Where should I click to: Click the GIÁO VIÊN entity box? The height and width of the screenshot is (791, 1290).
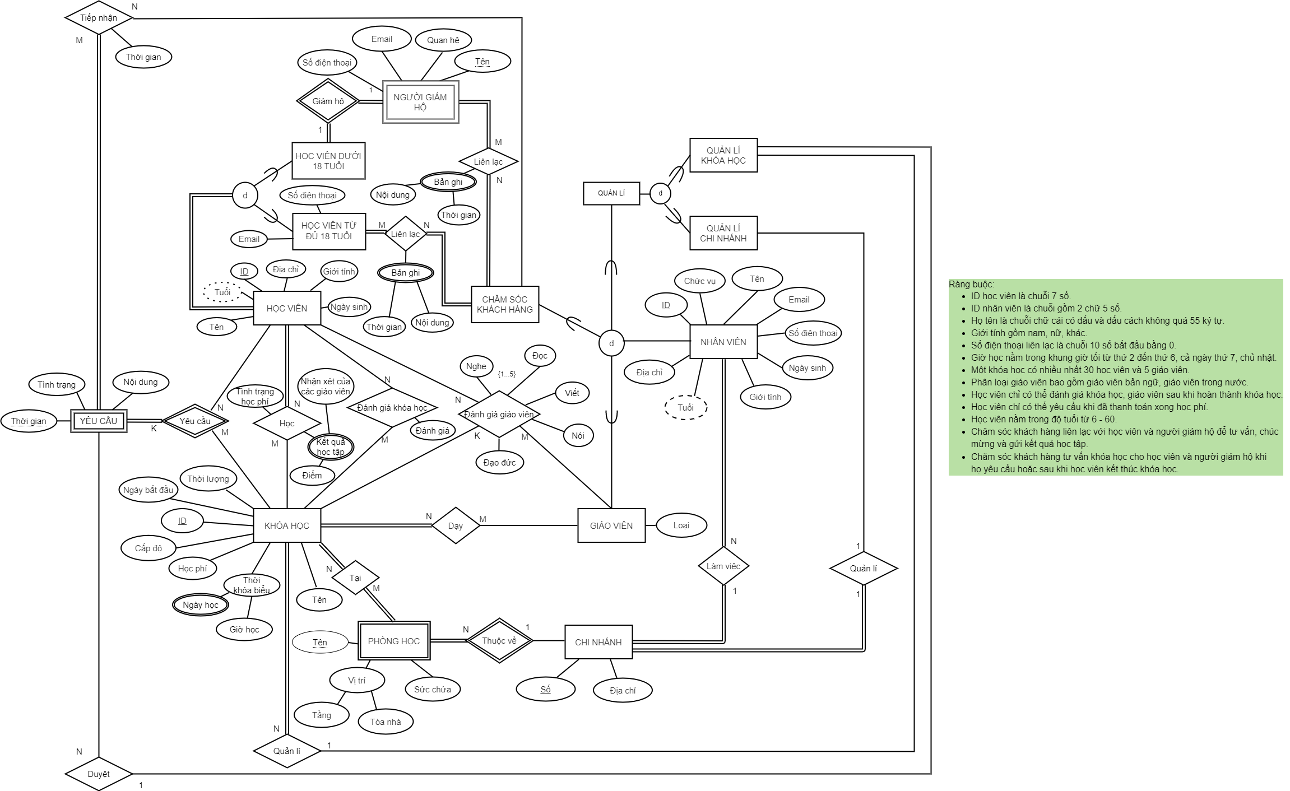[611, 525]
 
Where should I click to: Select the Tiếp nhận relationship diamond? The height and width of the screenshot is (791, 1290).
[99, 18]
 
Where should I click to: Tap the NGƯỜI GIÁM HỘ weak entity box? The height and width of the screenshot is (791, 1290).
[420, 102]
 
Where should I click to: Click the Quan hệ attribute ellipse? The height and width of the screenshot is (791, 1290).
[443, 40]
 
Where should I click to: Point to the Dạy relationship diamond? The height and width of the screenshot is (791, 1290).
[456, 525]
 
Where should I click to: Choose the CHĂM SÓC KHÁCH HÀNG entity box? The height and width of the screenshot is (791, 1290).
[504, 304]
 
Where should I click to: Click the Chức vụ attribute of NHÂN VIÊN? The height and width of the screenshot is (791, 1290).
[699, 281]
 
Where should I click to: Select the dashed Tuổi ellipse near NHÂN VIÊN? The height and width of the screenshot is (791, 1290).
[685, 407]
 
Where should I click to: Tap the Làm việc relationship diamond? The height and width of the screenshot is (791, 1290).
[723, 566]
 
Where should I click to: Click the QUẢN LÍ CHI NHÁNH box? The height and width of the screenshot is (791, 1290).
[723, 233]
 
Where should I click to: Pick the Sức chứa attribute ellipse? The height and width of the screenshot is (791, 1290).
[432, 690]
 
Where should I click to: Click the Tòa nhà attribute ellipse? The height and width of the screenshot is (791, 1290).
[385, 722]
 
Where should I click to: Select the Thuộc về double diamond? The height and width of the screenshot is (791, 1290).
[499, 641]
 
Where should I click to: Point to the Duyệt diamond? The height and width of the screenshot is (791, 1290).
[99, 774]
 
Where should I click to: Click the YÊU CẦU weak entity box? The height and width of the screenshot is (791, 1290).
[99, 421]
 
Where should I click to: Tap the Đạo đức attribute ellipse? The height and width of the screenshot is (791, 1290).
[499, 463]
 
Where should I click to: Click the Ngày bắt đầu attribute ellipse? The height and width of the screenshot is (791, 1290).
[148, 490]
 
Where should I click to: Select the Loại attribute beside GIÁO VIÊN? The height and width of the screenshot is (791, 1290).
[681, 525]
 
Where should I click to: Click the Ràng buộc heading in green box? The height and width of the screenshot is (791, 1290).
[971, 285]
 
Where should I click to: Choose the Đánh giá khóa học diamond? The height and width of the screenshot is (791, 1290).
[392, 407]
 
